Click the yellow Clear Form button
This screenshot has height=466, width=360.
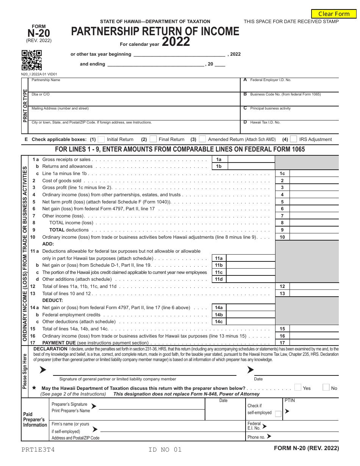[334, 14]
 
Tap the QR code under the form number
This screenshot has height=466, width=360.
[31, 60]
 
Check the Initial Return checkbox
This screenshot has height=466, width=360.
[101, 139]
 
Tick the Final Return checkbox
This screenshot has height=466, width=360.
[153, 139]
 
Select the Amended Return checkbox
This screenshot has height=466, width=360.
[202, 139]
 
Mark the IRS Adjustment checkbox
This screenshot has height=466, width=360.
[293, 139]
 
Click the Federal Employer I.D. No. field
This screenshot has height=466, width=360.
[290, 87]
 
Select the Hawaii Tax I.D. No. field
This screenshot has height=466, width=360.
[290, 128]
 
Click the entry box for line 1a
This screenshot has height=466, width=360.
[250, 160]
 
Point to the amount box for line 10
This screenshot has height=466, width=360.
[314, 237]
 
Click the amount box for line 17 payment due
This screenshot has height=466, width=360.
[314, 342]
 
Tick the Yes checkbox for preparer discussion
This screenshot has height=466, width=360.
[298, 388]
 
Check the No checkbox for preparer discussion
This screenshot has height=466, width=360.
[326, 388]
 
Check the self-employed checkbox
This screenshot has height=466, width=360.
[278, 414]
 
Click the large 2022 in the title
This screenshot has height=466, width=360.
[176, 42]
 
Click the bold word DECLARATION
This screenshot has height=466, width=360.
[50, 349]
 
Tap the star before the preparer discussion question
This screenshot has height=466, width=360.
[34, 388]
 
